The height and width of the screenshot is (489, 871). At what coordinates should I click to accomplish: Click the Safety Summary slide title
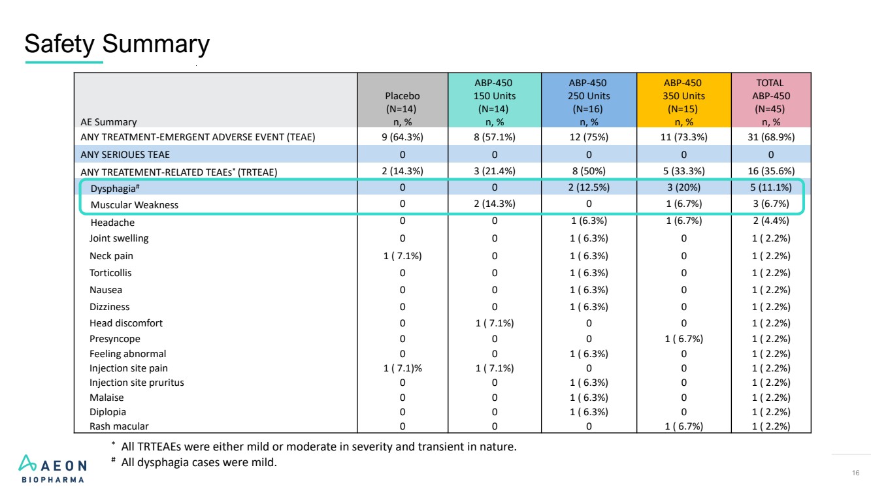(117, 44)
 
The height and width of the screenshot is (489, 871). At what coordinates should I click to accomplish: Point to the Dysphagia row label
(115, 189)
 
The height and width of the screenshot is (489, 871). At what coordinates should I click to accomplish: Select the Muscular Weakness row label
(134, 205)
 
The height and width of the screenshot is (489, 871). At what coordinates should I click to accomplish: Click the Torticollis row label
(110, 273)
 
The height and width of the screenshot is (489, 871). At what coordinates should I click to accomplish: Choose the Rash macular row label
(119, 426)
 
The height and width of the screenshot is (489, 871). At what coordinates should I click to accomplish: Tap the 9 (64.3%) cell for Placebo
(403, 137)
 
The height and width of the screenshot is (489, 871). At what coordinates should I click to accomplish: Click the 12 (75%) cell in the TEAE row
(589, 137)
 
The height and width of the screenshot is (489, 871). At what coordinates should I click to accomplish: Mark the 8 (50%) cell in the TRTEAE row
(589, 171)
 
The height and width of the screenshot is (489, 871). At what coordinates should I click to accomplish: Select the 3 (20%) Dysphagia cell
(683, 187)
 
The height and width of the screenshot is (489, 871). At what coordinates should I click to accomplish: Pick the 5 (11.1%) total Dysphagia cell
(770, 187)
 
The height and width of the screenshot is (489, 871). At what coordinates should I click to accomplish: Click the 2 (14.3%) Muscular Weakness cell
(494, 204)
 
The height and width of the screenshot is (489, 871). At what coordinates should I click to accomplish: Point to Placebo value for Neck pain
(403, 255)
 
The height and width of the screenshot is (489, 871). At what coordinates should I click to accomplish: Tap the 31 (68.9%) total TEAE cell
(770, 137)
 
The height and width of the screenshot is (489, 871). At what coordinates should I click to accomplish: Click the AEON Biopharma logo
(53, 469)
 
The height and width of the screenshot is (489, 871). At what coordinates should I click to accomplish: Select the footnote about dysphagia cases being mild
(194, 462)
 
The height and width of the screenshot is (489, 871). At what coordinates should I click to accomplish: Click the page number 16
(855, 473)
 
